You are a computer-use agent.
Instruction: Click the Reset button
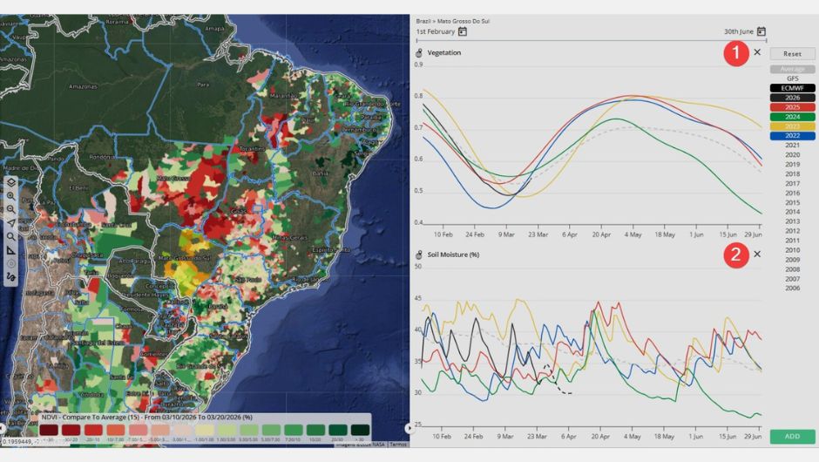pyautogui.click(x=792, y=54)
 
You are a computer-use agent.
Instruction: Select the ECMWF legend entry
pyautogui.click(x=792, y=88)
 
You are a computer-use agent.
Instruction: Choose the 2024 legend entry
pyautogui.click(x=792, y=117)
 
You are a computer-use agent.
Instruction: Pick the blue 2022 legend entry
pyautogui.click(x=792, y=136)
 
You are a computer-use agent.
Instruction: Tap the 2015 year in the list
pyautogui.click(x=792, y=202)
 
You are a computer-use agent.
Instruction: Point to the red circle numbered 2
pyautogui.click(x=736, y=255)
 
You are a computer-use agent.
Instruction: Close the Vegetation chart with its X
pyautogui.click(x=757, y=52)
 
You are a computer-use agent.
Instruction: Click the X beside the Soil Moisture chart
pyautogui.click(x=757, y=255)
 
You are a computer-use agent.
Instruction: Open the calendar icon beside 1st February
pyautogui.click(x=463, y=32)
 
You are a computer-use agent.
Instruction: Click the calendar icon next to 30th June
pyautogui.click(x=761, y=32)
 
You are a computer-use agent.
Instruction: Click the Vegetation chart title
pyautogui.click(x=444, y=53)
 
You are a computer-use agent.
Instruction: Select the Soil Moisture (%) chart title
pyautogui.click(x=454, y=255)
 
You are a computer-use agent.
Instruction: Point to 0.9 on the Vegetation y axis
pyautogui.click(x=418, y=65)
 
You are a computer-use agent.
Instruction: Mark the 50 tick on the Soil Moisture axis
pyautogui.click(x=418, y=266)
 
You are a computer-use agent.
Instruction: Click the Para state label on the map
pyautogui.click(x=203, y=85)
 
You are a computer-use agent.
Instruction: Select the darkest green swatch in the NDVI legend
pyautogui.click(x=360, y=430)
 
